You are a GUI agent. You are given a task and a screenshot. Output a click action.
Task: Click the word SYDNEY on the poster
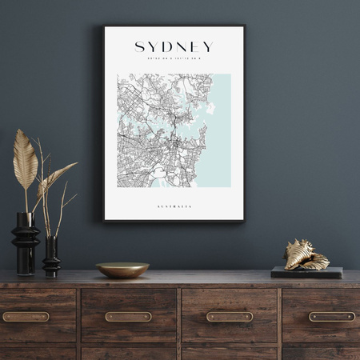(x=174, y=47)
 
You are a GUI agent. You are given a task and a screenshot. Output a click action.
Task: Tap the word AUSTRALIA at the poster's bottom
(x=174, y=206)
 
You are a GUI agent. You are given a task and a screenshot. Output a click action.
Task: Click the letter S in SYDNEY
(x=140, y=47)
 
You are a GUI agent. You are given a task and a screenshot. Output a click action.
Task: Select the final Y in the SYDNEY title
(x=207, y=47)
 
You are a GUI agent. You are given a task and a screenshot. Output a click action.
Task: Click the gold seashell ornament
(x=306, y=254)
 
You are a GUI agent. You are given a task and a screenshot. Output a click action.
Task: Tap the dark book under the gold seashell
(x=306, y=272)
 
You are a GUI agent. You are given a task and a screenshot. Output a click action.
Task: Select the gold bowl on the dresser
(x=122, y=270)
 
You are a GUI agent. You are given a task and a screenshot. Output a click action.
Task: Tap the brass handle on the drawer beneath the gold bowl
(x=128, y=317)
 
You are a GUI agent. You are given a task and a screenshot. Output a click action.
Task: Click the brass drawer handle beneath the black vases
(x=26, y=317)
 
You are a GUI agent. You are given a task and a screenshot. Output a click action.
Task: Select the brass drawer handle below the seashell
(x=332, y=317)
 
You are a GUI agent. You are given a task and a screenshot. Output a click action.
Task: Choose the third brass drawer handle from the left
(x=230, y=317)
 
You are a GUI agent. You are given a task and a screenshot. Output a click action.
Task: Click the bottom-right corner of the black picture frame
(x=243, y=220)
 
